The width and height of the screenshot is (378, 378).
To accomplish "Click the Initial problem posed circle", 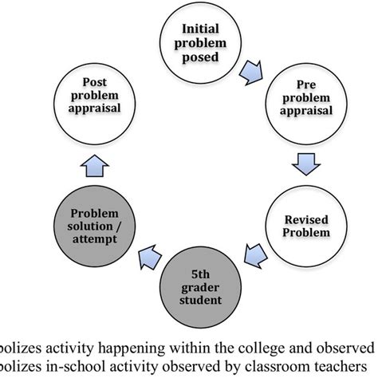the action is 200,43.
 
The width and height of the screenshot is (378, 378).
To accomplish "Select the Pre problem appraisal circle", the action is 306,104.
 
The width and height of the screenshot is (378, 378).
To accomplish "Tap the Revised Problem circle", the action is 306,226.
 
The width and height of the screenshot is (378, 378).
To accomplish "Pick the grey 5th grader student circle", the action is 200,287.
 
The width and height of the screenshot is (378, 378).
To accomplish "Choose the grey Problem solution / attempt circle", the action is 95,226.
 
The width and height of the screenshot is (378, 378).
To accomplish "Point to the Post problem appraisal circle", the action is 95,104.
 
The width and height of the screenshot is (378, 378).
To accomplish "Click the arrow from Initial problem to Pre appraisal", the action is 251,73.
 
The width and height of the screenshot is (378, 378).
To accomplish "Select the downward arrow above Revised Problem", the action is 306,164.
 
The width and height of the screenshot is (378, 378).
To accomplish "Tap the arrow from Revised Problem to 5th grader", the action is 256,256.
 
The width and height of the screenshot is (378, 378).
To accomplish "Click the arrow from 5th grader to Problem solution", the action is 150,258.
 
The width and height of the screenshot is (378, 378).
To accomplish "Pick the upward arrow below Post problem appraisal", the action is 95,166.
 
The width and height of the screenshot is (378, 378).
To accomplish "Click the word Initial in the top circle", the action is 200,29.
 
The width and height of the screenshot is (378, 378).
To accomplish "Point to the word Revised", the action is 306,220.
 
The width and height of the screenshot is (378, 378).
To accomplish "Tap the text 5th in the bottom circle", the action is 200,274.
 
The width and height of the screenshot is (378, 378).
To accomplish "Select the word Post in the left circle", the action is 95,82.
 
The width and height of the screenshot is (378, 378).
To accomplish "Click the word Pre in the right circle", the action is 306,85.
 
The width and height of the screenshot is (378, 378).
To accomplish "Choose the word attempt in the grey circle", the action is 95,239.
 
